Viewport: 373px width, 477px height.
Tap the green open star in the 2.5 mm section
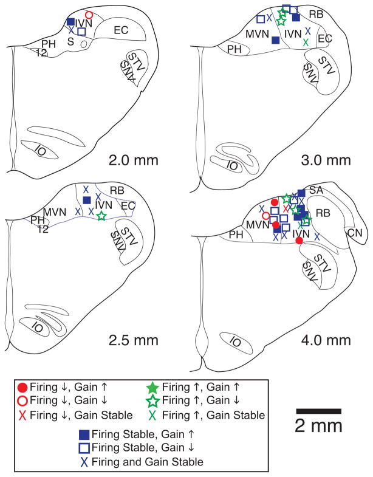pos(101,215)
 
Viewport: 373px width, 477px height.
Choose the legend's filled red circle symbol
pos(22,388)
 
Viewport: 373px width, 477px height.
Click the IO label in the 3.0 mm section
pos(231,164)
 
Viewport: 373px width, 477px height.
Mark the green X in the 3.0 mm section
pos(306,41)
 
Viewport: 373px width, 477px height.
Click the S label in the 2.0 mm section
pos(69,41)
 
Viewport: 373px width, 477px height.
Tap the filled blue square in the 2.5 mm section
pos(87,200)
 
